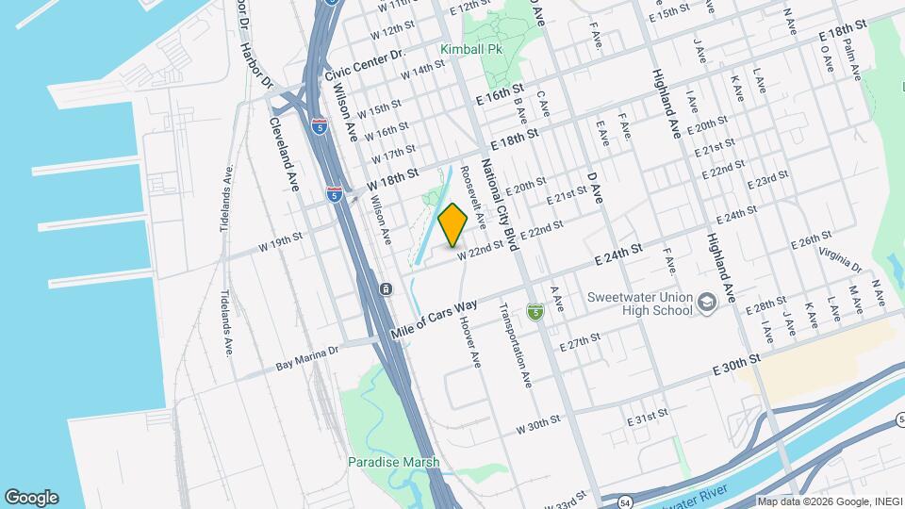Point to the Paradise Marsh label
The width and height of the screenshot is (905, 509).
click(393, 462)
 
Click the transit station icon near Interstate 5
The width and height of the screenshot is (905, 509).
click(386, 287)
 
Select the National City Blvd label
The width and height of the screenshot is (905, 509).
click(500, 205)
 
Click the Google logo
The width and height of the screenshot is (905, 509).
click(31, 497)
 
